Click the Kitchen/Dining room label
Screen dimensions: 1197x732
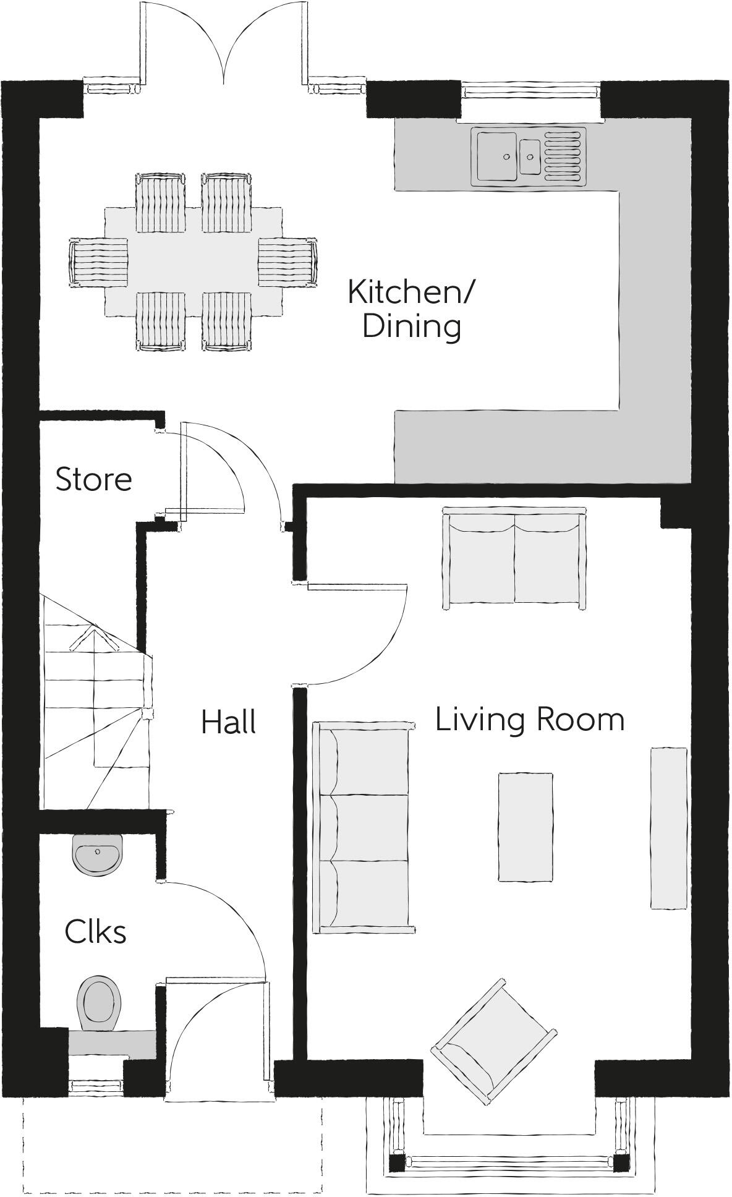[x=411, y=309]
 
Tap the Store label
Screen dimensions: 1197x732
[x=94, y=480]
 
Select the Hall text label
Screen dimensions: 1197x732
[x=229, y=722]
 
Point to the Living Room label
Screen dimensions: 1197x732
[x=530, y=720]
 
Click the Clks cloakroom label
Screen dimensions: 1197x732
[x=96, y=932]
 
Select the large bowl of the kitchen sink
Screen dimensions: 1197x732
[x=496, y=156]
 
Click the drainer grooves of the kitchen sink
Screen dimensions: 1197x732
[x=563, y=156]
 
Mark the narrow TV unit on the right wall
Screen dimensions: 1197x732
[x=668, y=828]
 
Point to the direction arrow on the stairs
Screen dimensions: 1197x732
[x=93, y=640]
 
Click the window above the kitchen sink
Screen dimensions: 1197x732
[x=531, y=91]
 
